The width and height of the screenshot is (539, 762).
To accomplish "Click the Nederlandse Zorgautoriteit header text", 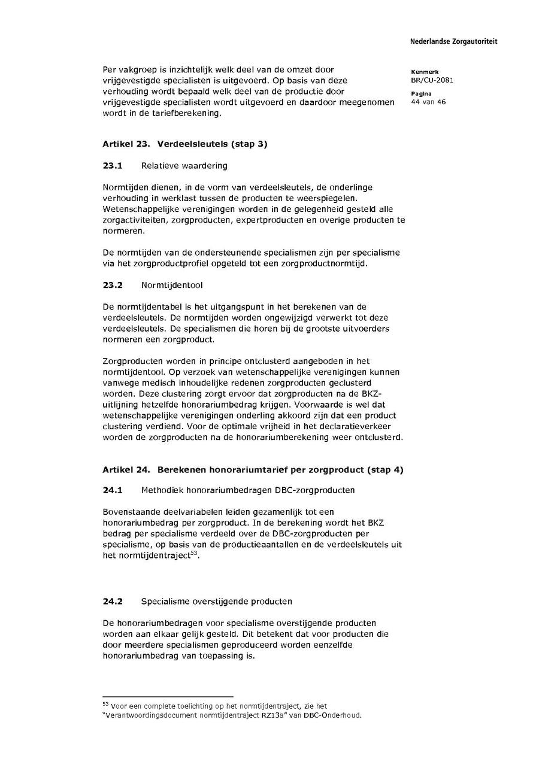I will coord(453,42).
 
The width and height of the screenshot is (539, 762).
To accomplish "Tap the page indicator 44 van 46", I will coord(428,102).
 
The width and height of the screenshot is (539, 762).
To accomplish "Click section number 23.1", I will coord(113,165).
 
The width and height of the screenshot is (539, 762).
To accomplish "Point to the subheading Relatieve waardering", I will coord(184,165).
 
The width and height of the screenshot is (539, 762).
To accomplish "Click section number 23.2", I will coord(113,285).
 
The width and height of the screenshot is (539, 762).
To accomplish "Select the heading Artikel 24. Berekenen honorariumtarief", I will coord(253,470).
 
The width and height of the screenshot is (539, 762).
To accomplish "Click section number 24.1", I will coord(113,490).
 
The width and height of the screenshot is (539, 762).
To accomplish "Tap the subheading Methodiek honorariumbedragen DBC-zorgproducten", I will coord(248,490).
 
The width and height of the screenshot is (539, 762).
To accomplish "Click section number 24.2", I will coord(113,601).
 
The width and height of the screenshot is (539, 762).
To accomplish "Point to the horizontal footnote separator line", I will coord(168,697).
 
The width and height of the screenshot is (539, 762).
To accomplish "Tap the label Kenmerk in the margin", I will coord(425,72).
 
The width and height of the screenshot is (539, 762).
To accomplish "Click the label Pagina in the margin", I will coord(421,94).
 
